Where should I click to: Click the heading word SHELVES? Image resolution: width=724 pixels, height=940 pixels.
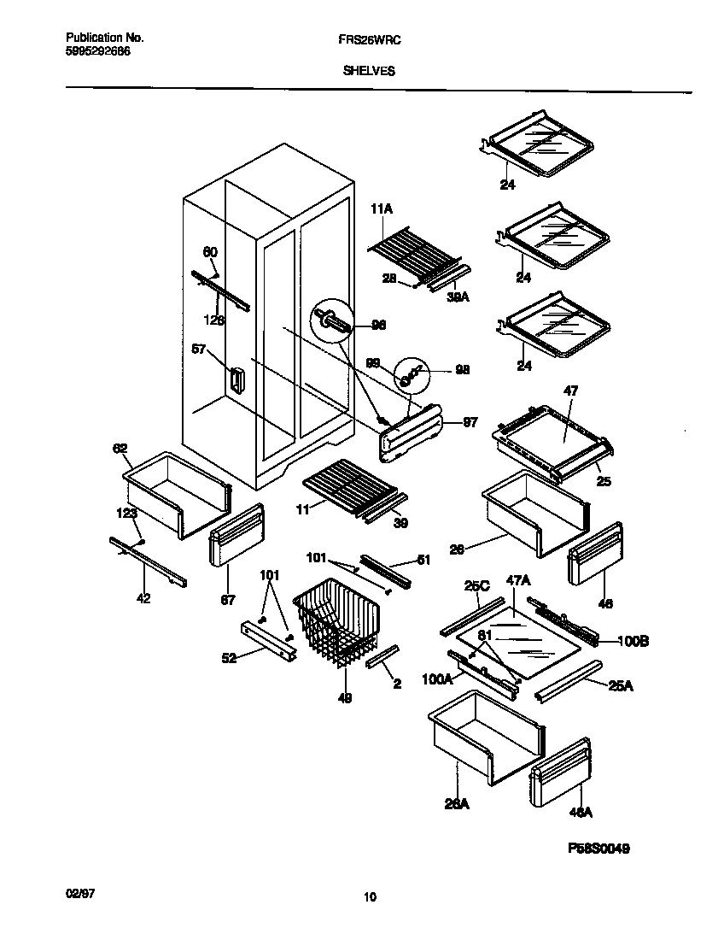(369, 72)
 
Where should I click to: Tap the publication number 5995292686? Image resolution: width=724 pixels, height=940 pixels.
(98, 51)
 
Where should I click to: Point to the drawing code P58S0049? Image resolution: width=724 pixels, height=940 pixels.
(598, 850)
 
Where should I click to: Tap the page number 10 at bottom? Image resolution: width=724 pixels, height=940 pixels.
(369, 897)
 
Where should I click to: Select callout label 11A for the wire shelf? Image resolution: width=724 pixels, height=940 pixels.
(380, 208)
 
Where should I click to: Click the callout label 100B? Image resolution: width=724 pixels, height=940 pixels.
(631, 640)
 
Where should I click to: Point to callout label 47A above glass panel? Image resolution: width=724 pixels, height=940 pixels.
(517, 580)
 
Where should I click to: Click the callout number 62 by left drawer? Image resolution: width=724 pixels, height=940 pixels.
(120, 448)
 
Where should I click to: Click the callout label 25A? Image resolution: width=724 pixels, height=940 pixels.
(622, 686)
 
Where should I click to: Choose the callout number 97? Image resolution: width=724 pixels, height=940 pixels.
(470, 423)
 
